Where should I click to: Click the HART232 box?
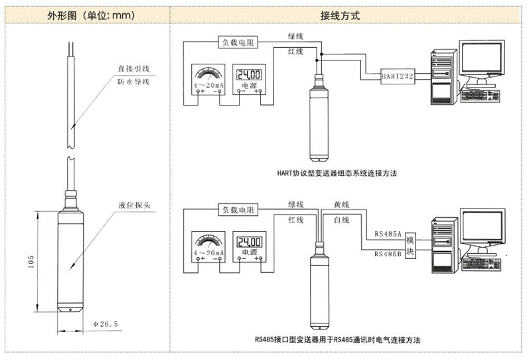[x=397, y=76]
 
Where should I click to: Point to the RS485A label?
[x=387, y=234]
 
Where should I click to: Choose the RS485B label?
[x=387, y=254]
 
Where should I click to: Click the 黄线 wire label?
[x=341, y=204]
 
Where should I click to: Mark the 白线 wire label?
[x=341, y=220]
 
